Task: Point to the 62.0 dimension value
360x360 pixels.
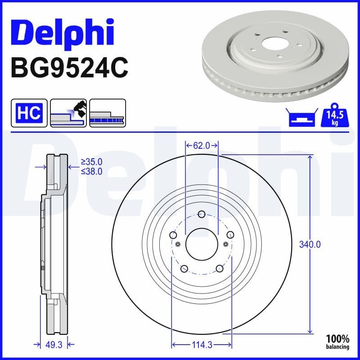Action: (202, 145)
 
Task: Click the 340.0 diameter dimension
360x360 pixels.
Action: (310, 245)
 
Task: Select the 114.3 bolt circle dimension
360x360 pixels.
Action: (202, 345)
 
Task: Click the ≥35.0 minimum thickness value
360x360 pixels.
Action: (91, 162)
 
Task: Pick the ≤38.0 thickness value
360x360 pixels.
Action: (91, 171)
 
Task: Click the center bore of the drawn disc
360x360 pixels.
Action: (202, 244)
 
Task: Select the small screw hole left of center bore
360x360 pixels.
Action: (178, 244)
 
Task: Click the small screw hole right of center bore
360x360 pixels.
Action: (225, 244)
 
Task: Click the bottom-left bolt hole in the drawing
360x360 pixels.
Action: (184, 269)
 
